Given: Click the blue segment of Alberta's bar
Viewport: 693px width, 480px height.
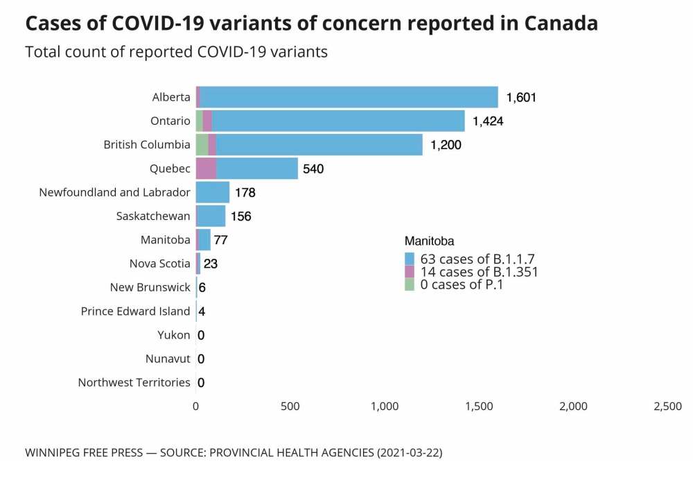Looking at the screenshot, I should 346,97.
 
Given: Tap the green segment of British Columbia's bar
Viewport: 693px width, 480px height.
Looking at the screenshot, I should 202,144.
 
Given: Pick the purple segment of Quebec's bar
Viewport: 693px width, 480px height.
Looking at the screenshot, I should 206,169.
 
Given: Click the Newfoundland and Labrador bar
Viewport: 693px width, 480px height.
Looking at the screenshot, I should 212,192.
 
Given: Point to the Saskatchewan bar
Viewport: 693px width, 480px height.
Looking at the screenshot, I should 211,216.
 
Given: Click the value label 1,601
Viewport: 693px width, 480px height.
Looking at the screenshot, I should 521,98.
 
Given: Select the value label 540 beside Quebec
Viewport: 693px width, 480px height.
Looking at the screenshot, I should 313,169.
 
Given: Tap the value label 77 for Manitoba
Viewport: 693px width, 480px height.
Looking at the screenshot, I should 221,240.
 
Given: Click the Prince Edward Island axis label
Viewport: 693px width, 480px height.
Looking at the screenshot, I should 135,311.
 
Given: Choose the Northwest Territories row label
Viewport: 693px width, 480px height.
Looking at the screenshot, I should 134,382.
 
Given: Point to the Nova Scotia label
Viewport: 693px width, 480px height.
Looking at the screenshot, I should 159,264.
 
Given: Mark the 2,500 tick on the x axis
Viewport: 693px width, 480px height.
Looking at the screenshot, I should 668,406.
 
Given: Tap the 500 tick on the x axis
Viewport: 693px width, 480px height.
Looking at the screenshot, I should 290,406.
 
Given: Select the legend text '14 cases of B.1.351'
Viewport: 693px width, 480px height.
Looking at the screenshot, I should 480,272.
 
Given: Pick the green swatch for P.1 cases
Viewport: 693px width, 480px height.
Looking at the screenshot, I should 410,284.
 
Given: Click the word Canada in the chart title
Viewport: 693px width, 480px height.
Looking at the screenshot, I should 561,24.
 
